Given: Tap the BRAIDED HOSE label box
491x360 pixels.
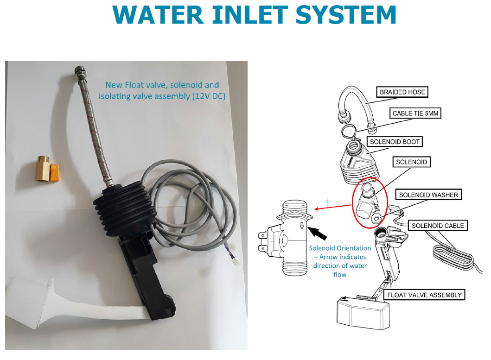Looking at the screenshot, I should pyautogui.click(x=402, y=92).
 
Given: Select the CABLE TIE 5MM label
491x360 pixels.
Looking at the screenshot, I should pyautogui.click(x=415, y=114).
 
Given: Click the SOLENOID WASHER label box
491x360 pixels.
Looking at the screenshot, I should pyautogui.click(x=428, y=195).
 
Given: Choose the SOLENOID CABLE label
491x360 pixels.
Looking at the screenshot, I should pyautogui.click(x=438, y=226).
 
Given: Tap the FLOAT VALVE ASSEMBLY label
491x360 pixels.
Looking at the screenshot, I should pyautogui.click(x=424, y=295).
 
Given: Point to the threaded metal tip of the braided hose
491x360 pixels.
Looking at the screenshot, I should pyautogui.click(x=77, y=72).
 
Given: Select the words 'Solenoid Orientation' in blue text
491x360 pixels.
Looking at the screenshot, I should pyautogui.click(x=340, y=248).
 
